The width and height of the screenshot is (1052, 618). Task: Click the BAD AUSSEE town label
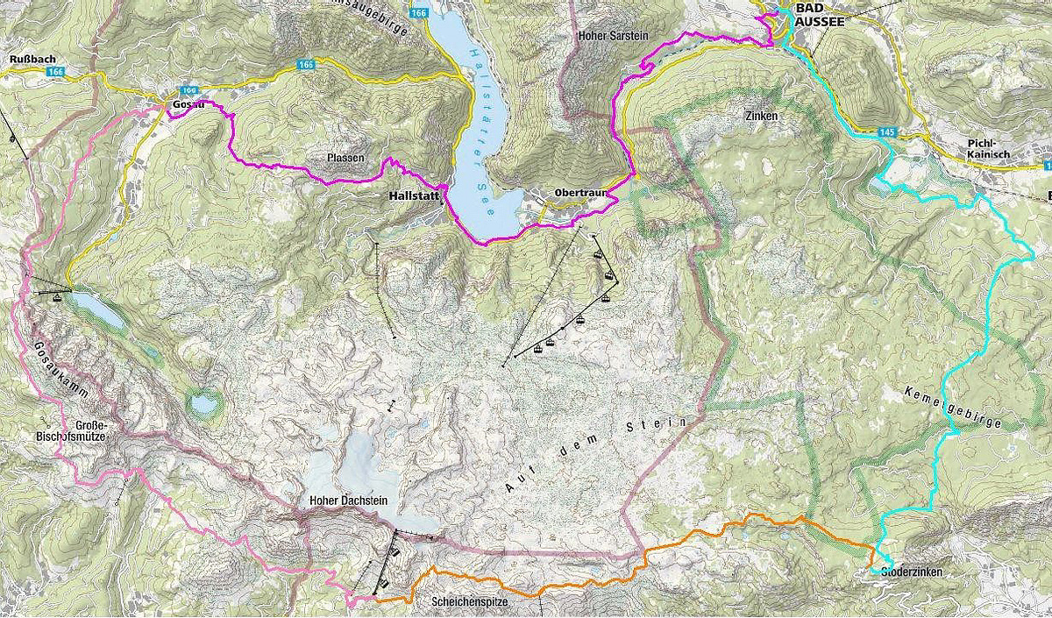(819, 16)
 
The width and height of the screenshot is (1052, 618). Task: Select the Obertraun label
(574, 193)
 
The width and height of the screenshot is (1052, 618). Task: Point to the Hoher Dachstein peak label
(348, 501)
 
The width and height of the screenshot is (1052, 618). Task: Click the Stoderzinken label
(906, 572)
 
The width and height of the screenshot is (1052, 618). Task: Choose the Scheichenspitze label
(469, 602)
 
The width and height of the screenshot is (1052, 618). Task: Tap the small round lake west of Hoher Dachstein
(204, 403)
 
